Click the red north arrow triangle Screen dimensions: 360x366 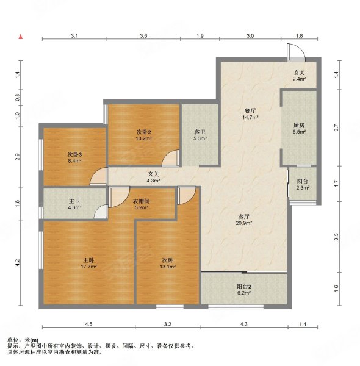coord(21,37)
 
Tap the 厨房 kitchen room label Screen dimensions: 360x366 coord(299,128)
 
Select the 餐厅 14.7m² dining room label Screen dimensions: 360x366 coord(250,114)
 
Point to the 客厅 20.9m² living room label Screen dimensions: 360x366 coord(243,220)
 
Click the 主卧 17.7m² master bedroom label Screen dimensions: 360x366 coord(89,264)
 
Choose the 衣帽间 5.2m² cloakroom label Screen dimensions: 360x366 coord(141,204)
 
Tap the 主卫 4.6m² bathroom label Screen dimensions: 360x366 coord(74,204)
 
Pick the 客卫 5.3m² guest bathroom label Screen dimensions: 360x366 coord(200,135)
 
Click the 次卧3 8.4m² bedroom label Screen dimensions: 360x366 coord(74,157)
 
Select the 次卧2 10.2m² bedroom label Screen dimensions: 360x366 coord(143,135)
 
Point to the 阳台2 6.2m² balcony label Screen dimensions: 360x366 coord(244,290)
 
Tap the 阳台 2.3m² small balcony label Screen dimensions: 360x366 coord(303,184)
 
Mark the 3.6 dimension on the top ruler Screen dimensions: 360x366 coord(143,36)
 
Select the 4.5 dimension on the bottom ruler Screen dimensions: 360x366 coord(88,324)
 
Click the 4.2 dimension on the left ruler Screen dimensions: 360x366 coord(17,263)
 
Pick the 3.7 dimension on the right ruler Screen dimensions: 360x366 coord(336,127)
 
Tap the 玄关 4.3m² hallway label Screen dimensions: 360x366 coord(154,177)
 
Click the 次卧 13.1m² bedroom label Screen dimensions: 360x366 coord(168,264)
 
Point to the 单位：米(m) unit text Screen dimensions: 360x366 coord(23,340)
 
